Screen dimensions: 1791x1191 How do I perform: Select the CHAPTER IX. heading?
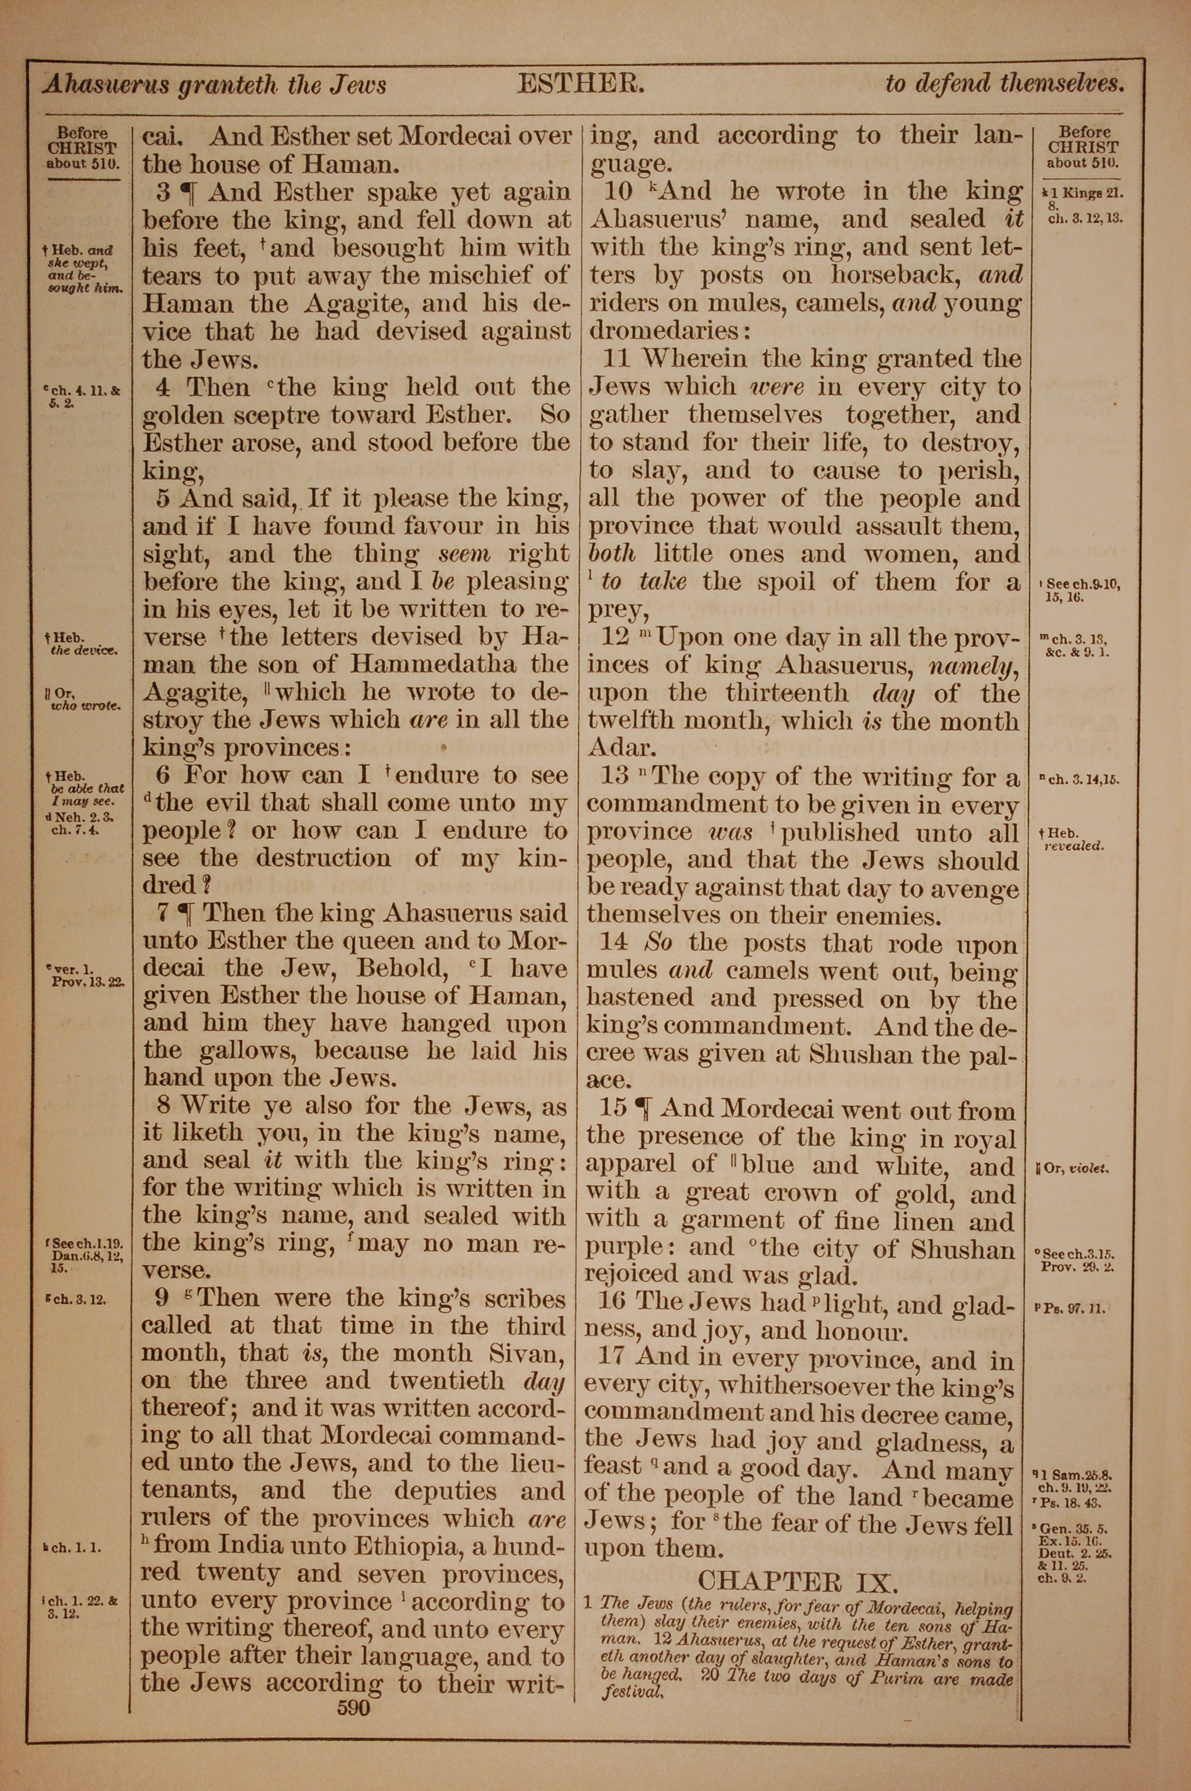click(797, 1582)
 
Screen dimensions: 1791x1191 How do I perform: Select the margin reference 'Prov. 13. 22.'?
click(88, 981)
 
